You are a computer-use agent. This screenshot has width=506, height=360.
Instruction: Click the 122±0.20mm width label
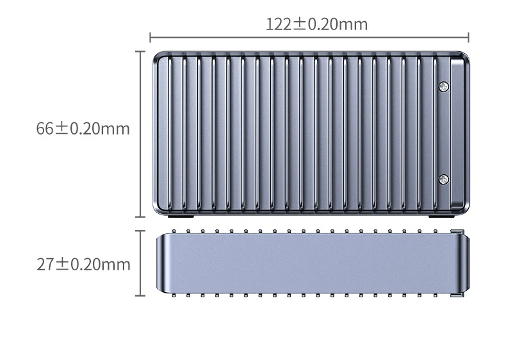(316, 24)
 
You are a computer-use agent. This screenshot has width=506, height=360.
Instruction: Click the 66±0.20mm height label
(83, 129)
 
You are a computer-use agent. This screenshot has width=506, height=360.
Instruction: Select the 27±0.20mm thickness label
(83, 265)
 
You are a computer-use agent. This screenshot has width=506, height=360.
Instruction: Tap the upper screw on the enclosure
(444, 86)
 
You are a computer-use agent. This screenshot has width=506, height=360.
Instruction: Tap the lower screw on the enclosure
(444, 179)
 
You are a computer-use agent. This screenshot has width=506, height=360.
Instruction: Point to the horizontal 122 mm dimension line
(309, 37)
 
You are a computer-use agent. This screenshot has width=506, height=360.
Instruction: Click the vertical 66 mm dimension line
(140, 134)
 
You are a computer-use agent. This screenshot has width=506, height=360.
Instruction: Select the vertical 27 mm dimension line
(140, 263)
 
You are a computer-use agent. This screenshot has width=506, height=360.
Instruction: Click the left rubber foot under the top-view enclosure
(181, 217)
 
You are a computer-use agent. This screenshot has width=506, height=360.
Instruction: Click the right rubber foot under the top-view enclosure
(441, 217)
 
